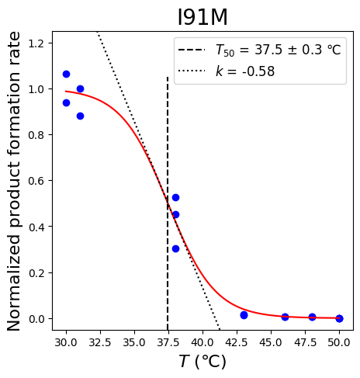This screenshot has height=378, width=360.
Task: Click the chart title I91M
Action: [202, 17]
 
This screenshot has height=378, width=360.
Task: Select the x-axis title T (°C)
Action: [202, 362]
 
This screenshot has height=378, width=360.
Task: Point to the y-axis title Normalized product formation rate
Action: [13, 181]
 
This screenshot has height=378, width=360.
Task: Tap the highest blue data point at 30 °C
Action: [66, 75]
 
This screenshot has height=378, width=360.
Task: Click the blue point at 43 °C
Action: [244, 315]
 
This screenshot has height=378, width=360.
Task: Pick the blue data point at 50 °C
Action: [340, 318]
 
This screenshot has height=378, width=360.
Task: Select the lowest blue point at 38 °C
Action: [175, 249]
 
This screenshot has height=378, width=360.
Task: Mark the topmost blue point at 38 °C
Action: [175, 198]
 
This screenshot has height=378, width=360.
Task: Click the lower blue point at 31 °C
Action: [80, 116]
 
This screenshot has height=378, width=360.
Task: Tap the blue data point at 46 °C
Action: [285, 317]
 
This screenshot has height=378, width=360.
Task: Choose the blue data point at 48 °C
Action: [313, 317]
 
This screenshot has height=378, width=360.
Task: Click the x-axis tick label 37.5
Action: [168, 342]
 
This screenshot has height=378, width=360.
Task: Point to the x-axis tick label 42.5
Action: [237, 342]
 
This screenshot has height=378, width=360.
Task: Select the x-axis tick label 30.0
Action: [66, 342]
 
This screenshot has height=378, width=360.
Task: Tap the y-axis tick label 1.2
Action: [36, 43]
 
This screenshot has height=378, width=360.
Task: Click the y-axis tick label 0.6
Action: [36, 181]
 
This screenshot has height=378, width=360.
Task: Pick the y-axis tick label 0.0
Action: [36, 319]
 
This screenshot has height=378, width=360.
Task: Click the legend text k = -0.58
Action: [245, 71]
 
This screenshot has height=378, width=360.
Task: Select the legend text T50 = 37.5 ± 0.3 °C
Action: [279, 50]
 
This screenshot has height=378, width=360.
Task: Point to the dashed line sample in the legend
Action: [192, 50]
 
